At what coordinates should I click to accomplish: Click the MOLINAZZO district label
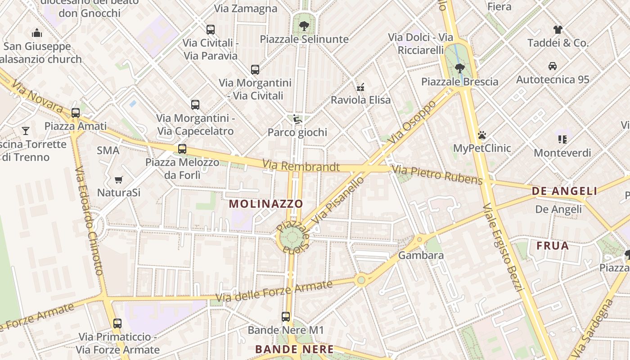pos(266,204)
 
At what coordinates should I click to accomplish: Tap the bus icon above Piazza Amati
pos(76,113)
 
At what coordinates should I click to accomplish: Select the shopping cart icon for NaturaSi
pos(119,180)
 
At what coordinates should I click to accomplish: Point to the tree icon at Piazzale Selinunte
pos(304,26)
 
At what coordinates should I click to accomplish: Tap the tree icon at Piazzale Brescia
pos(459,68)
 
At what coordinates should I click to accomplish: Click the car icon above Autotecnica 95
pos(553,66)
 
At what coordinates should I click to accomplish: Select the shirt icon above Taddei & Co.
pos(558,30)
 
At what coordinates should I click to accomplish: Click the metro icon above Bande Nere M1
pos(286,317)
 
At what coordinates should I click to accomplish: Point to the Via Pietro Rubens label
pos(437,175)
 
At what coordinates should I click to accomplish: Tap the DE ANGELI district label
pos(564,191)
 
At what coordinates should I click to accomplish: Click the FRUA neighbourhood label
pos(553,246)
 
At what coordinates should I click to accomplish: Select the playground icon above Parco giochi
pos(297,119)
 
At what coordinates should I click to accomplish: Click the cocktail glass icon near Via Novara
pos(26,131)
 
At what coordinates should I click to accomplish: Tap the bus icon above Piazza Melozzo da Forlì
pos(182,149)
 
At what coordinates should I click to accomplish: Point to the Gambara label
pos(421,255)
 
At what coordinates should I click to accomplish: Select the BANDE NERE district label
pos(294,349)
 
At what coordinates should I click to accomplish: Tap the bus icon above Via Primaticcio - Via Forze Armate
pos(117,323)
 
